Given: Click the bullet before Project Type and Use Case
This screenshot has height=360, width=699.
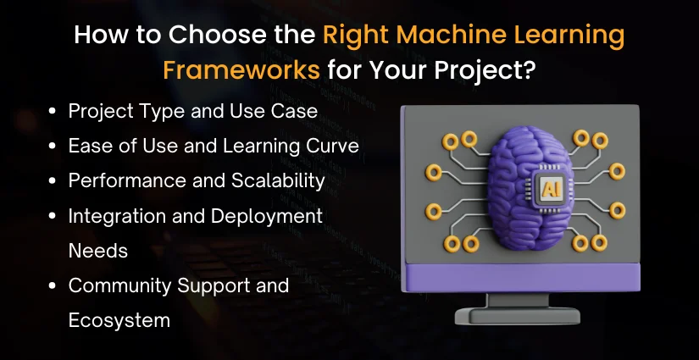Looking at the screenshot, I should tap(54, 111).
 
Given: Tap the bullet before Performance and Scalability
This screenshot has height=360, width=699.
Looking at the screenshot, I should tap(54, 181).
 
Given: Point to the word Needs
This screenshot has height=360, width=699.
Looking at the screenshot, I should tap(99, 251).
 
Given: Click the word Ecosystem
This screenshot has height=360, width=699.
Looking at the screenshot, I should tap(119, 321).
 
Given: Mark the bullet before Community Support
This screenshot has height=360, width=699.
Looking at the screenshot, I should tap(54, 286).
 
